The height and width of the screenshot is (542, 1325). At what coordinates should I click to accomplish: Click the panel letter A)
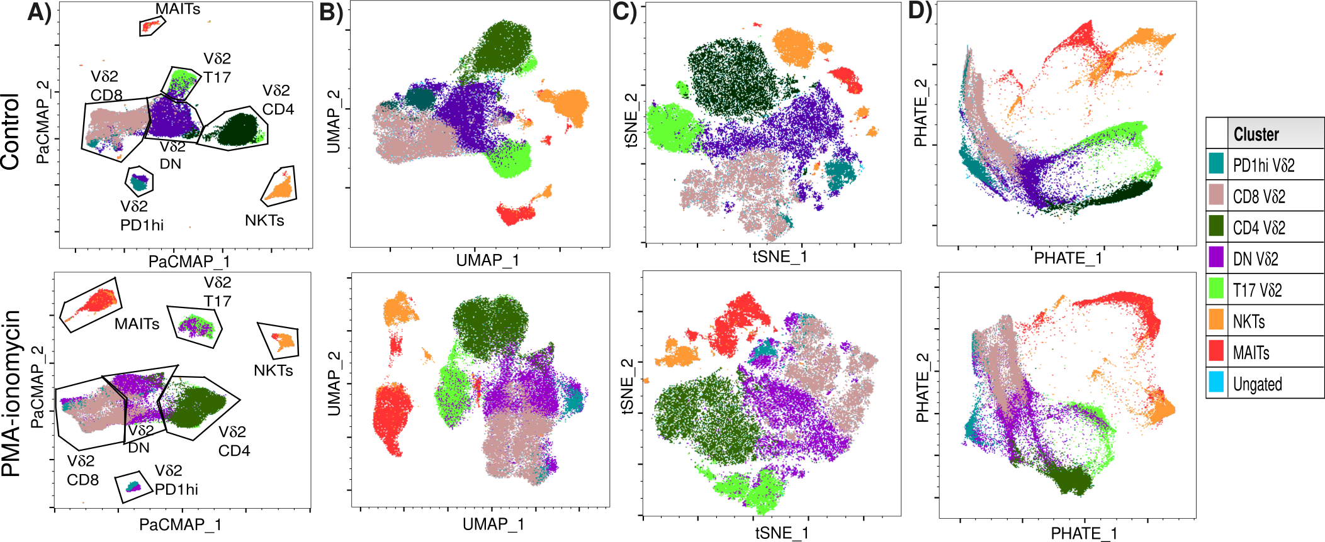coord(39,13)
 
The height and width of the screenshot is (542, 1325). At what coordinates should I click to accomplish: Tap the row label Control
coord(11,131)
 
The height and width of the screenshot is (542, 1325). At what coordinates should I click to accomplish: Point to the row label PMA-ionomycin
coord(12,394)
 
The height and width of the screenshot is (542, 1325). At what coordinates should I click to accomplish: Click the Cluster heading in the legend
coord(1256,135)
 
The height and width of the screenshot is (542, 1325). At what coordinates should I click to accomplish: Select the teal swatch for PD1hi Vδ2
coord(1216,165)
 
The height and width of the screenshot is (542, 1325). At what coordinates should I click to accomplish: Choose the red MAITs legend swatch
coord(1216,352)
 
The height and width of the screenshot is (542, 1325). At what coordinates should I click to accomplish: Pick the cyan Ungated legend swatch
coord(1216,383)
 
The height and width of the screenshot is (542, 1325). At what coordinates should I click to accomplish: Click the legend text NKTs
coord(1249,322)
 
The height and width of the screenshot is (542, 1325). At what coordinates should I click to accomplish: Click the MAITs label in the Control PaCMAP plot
coord(178,9)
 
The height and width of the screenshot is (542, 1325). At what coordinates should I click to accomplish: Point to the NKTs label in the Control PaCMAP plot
coord(264,221)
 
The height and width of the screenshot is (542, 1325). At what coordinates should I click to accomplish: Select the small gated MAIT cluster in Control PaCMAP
coord(150,26)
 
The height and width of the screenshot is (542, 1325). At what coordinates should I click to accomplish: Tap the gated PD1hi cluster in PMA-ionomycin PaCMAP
coord(133,486)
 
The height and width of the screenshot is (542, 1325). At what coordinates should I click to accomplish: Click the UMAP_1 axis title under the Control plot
coord(487,260)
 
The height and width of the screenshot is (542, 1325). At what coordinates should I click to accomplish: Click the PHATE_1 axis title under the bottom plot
coord(1083,534)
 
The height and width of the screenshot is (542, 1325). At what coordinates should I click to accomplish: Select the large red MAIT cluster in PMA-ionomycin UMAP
coord(392,418)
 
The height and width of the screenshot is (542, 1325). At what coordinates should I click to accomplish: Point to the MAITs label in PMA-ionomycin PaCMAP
coord(137,324)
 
